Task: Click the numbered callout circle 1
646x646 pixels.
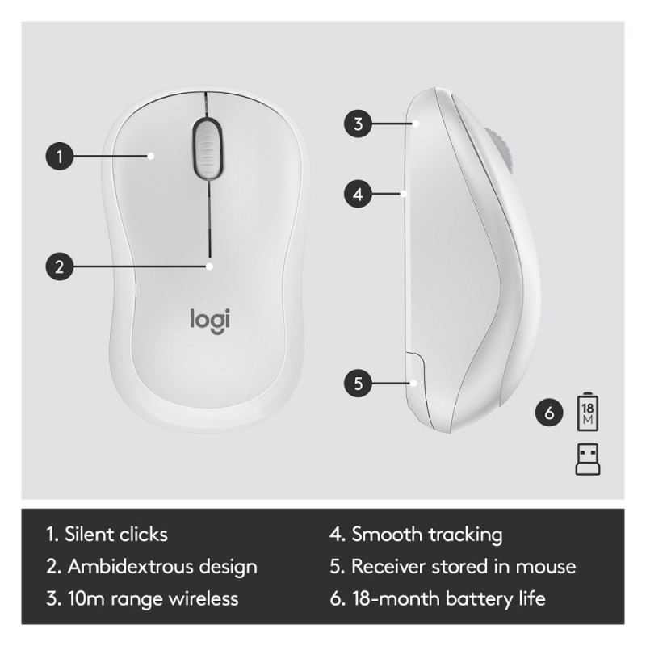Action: tap(60, 156)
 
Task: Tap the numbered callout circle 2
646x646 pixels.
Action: tap(60, 266)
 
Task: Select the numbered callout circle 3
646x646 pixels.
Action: tap(358, 124)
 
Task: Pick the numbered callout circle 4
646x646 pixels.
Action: tap(358, 194)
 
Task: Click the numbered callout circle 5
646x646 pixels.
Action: tap(358, 383)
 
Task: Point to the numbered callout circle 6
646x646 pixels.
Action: tap(549, 413)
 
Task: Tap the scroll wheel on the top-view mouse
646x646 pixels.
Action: tap(208, 148)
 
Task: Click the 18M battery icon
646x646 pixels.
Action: tap(588, 412)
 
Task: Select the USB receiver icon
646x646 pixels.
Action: tap(588, 459)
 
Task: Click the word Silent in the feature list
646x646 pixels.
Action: tap(88, 535)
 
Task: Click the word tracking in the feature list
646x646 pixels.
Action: tap(466, 535)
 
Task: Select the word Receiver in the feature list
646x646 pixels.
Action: tap(388, 567)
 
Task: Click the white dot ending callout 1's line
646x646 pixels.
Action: tap(151, 156)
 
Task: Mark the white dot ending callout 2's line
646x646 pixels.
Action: tap(210, 266)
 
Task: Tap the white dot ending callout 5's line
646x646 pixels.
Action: tap(413, 384)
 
